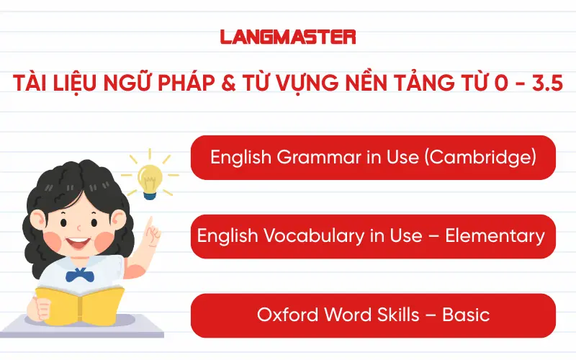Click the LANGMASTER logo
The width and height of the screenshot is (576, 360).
[288, 36]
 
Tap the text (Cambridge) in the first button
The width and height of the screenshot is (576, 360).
[481, 157]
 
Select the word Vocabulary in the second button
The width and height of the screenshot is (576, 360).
[294, 235]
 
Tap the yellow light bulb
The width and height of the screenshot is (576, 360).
[150, 179]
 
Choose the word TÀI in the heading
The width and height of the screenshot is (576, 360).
[32, 81]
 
